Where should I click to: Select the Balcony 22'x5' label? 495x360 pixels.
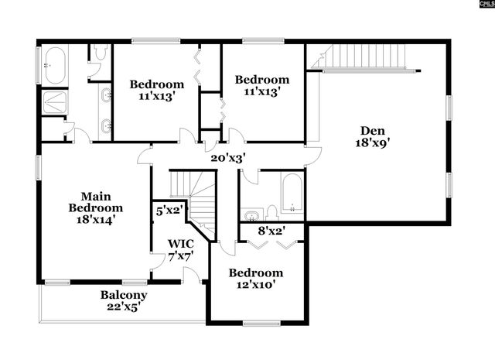coord(123,300)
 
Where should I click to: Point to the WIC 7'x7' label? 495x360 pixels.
coord(180,249)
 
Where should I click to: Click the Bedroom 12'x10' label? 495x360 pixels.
coord(256,279)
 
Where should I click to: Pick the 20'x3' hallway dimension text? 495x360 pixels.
coord(228,157)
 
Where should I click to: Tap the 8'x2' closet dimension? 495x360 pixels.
coord(270,230)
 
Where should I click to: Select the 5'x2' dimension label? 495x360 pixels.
coord(170,210)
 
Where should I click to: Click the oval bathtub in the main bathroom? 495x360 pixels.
coord(55,65)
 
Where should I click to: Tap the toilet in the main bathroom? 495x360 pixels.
coord(99,54)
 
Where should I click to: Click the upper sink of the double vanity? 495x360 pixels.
coord(105,95)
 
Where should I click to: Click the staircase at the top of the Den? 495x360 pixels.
coord(364,57)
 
